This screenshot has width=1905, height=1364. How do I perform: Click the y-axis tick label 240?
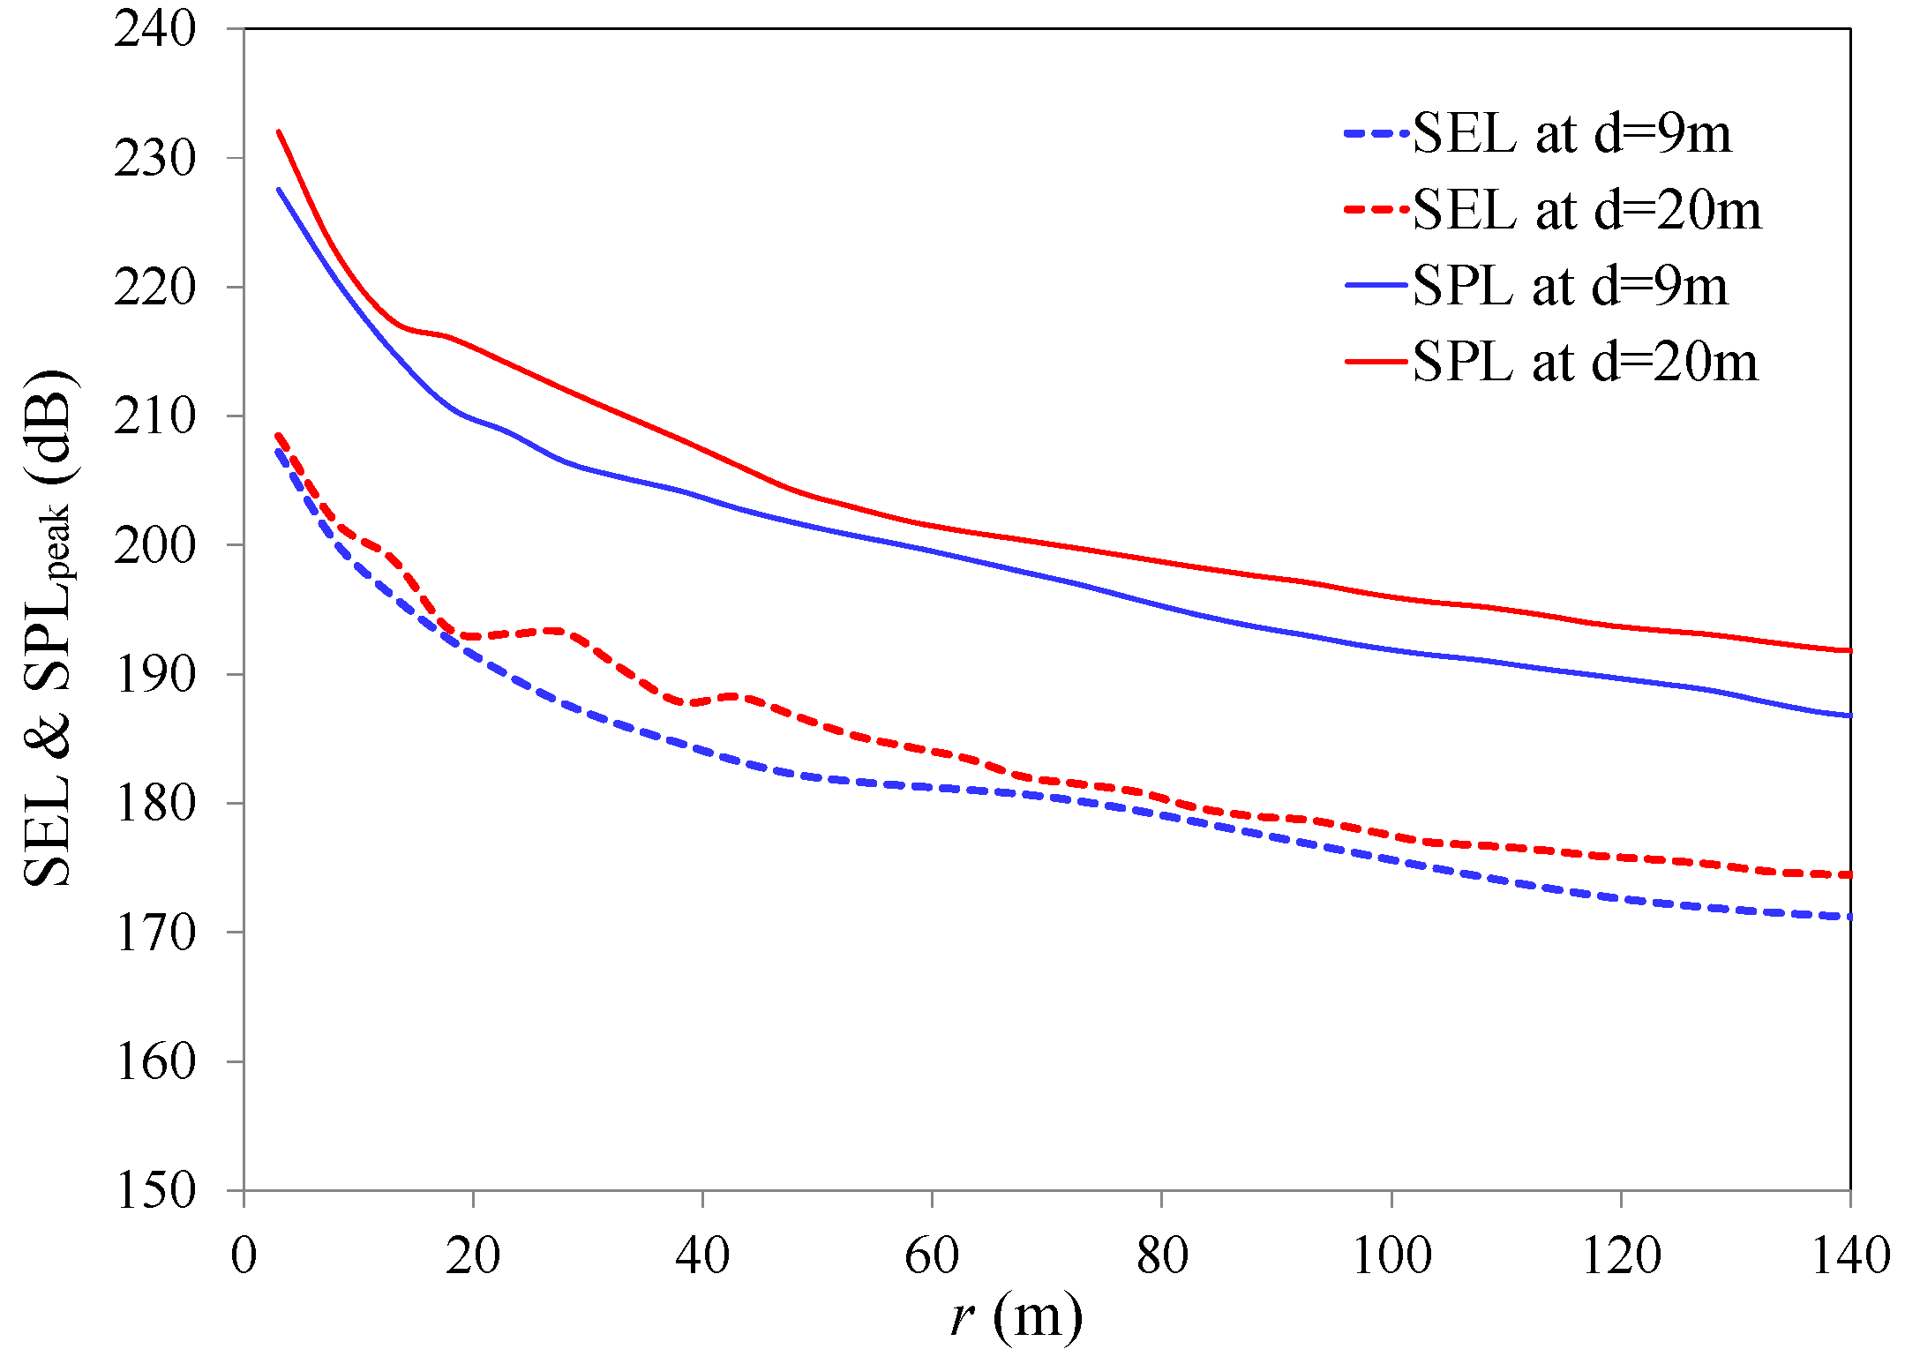154,30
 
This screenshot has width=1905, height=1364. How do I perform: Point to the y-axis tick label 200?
154,545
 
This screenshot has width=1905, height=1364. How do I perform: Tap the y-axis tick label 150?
154,1190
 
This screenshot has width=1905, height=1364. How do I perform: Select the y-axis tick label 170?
154,933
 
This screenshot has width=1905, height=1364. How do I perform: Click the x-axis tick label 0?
244,1255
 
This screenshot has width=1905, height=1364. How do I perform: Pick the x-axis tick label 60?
932,1255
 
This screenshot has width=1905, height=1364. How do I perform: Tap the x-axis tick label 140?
1850,1255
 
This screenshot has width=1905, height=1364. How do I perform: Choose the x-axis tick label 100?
1391,1255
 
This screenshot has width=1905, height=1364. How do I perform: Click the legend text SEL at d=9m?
1571,134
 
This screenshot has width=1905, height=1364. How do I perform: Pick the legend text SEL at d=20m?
1586,210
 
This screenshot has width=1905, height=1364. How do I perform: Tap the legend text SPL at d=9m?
1570,286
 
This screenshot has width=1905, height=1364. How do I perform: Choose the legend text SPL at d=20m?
1585,362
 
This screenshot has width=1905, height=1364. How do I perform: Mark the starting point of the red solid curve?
279,131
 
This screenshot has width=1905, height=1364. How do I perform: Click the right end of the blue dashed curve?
1849,918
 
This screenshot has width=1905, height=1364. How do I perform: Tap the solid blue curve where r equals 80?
1162,606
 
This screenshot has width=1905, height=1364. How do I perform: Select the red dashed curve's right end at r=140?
1849,874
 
